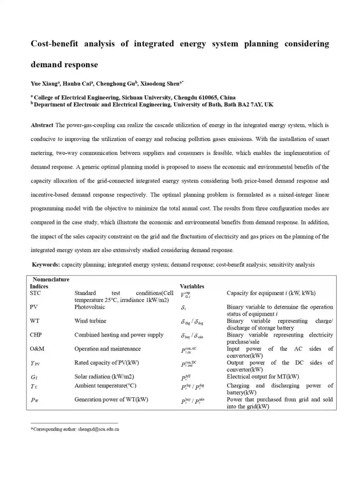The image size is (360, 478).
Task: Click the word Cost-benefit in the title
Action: pyautogui.click(x=53, y=44)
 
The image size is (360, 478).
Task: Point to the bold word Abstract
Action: pyautogui.click(x=42, y=126)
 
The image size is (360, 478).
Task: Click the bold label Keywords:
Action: pyautogui.click(x=46, y=265)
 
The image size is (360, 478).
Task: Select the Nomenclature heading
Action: pyautogui.click(x=51, y=280)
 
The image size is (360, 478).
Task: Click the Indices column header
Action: pyautogui.click(x=39, y=286)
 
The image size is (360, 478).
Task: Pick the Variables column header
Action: pyautogui.click(x=192, y=286)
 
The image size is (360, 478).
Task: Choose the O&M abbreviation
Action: pyautogui.click(x=37, y=349)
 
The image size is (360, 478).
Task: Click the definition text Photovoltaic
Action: pyautogui.click(x=90, y=307)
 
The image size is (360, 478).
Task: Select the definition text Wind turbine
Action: pyautogui.click(x=90, y=321)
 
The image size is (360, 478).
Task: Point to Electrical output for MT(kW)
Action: pyautogui.click(x=263, y=376)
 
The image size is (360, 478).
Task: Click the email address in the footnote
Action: pyautogui.click(x=99, y=429)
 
